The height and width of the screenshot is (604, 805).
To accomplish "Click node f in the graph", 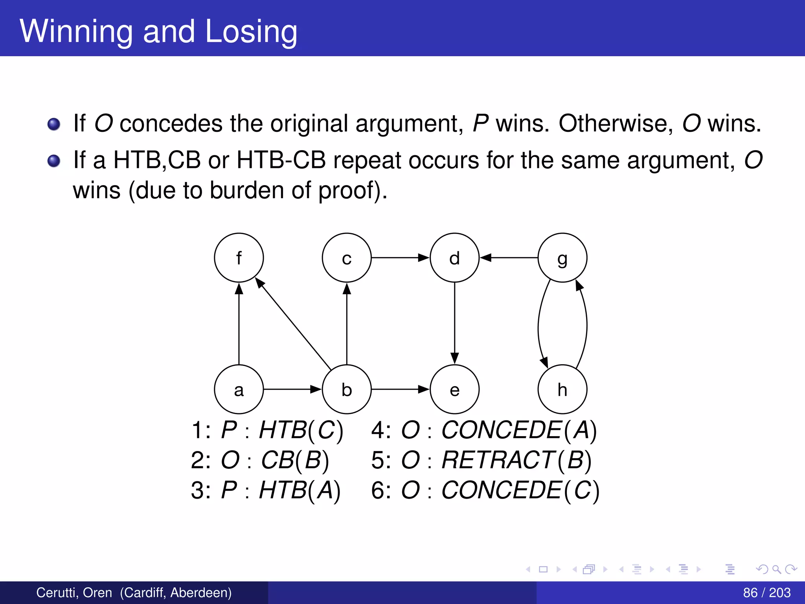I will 239,258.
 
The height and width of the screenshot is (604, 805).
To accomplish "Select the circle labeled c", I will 346,258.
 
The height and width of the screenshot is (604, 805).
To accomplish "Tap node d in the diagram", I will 454,258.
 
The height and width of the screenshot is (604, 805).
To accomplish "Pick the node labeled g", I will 562,258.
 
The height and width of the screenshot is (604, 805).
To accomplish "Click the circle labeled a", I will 239,389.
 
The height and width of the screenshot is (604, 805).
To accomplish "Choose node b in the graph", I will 346,389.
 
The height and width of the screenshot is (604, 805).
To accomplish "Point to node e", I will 454,389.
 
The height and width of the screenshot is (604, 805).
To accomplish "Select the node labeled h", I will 562,389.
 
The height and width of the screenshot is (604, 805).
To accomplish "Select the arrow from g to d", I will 509,258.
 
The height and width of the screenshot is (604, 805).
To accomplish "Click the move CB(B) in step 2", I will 295,460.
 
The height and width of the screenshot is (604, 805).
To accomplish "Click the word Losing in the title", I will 251,31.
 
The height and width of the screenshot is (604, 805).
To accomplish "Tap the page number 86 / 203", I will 766,592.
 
